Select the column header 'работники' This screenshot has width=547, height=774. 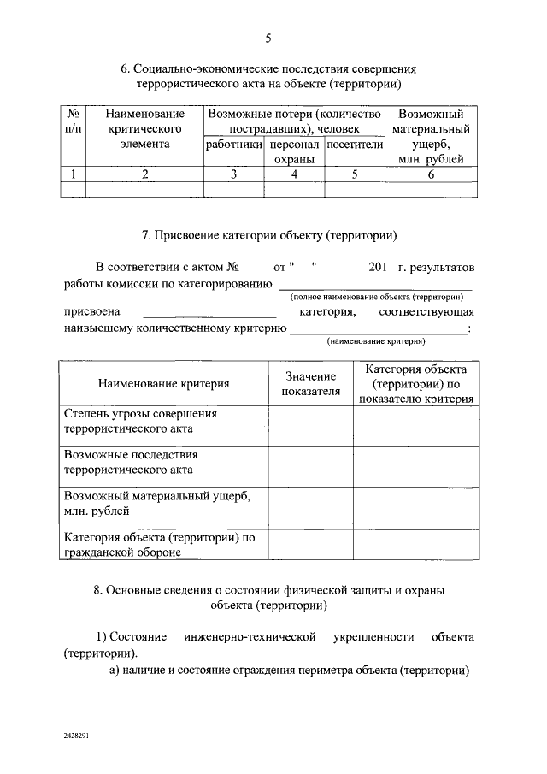(233, 145)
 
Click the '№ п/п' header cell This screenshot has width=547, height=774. (74, 121)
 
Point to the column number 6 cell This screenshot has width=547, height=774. (432, 174)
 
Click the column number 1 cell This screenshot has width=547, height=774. (74, 174)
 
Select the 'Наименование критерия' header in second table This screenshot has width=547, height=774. (163, 384)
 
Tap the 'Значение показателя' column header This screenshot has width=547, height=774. (311, 384)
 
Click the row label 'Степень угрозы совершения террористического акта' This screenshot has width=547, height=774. (141, 422)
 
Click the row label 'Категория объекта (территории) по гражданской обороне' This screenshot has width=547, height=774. (160, 545)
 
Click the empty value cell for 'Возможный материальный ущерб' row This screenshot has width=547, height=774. (311, 504)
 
